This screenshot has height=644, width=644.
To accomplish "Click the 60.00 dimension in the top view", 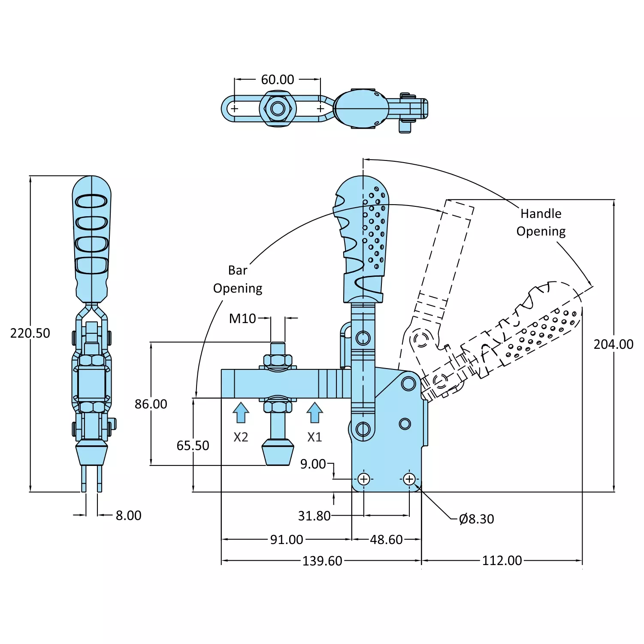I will (278, 80).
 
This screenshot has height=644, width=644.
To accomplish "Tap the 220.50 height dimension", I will (30, 333).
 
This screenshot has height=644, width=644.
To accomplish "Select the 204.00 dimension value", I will (613, 345).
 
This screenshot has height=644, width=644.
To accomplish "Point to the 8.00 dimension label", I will (128, 516).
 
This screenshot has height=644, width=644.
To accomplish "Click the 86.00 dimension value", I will (151, 404).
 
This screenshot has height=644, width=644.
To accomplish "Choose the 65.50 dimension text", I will (193, 446).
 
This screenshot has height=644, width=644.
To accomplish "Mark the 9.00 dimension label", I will (313, 464).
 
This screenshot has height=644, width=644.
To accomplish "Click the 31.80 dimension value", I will (314, 516).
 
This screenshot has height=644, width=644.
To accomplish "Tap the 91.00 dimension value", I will (286, 540).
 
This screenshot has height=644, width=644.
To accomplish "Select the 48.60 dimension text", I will (386, 540).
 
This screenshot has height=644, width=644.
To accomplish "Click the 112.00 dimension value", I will (502, 561).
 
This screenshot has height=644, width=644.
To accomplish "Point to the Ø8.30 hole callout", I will (476, 519).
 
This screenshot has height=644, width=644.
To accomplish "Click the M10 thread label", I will (242, 319).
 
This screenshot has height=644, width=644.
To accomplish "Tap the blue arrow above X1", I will (314, 413).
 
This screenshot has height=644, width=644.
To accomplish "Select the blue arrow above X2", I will (241, 413).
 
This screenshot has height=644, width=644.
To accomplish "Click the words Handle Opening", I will (541, 223).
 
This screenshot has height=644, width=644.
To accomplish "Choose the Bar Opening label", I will (238, 279).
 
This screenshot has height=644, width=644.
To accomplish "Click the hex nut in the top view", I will (278, 109).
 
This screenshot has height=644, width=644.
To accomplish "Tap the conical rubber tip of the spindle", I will (278, 452).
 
